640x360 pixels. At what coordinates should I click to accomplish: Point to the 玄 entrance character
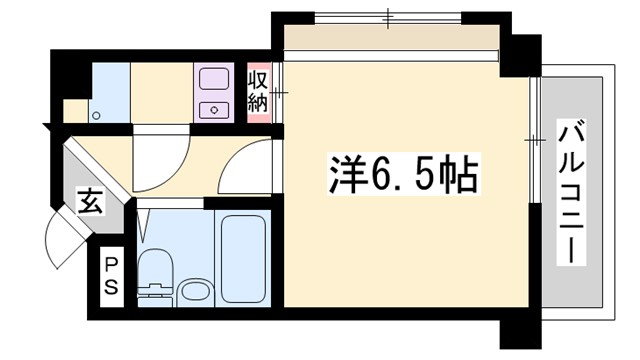click(x=88, y=204)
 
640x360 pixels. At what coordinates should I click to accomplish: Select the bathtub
click(x=243, y=260)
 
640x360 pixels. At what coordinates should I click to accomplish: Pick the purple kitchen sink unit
click(x=213, y=93)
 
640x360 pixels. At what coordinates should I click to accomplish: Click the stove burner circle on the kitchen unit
click(x=213, y=107)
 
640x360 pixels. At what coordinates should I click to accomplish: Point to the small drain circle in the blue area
click(x=97, y=115)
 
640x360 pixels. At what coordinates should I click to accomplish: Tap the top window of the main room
click(x=390, y=17)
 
